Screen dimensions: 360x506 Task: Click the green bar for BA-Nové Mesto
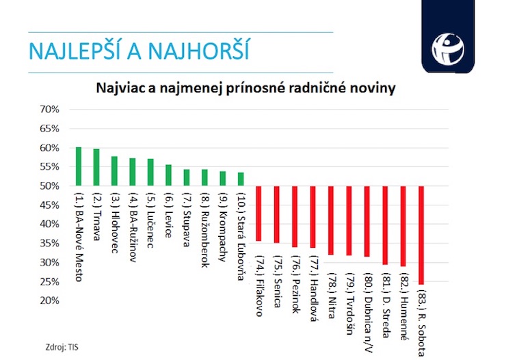click(x=79, y=166)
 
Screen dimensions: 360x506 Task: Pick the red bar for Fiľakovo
click(x=258, y=213)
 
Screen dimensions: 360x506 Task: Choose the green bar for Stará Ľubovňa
click(x=241, y=179)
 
